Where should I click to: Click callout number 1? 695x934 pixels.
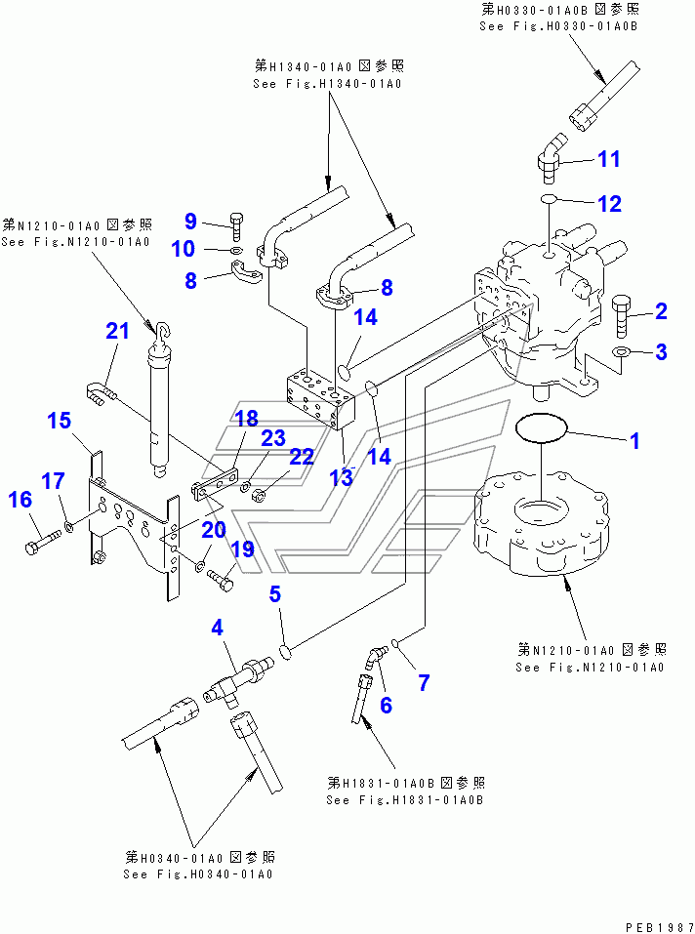[634, 441]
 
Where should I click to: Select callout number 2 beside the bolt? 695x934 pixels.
[661, 311]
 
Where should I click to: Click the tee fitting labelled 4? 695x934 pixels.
[239, 677]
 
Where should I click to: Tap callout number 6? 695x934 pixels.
[386, 705]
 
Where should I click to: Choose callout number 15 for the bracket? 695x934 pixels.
[60, 421]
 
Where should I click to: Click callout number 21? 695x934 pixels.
[118, 332]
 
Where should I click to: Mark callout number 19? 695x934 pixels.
[241, 549]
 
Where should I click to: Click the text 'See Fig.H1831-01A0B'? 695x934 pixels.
[406, 800]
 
